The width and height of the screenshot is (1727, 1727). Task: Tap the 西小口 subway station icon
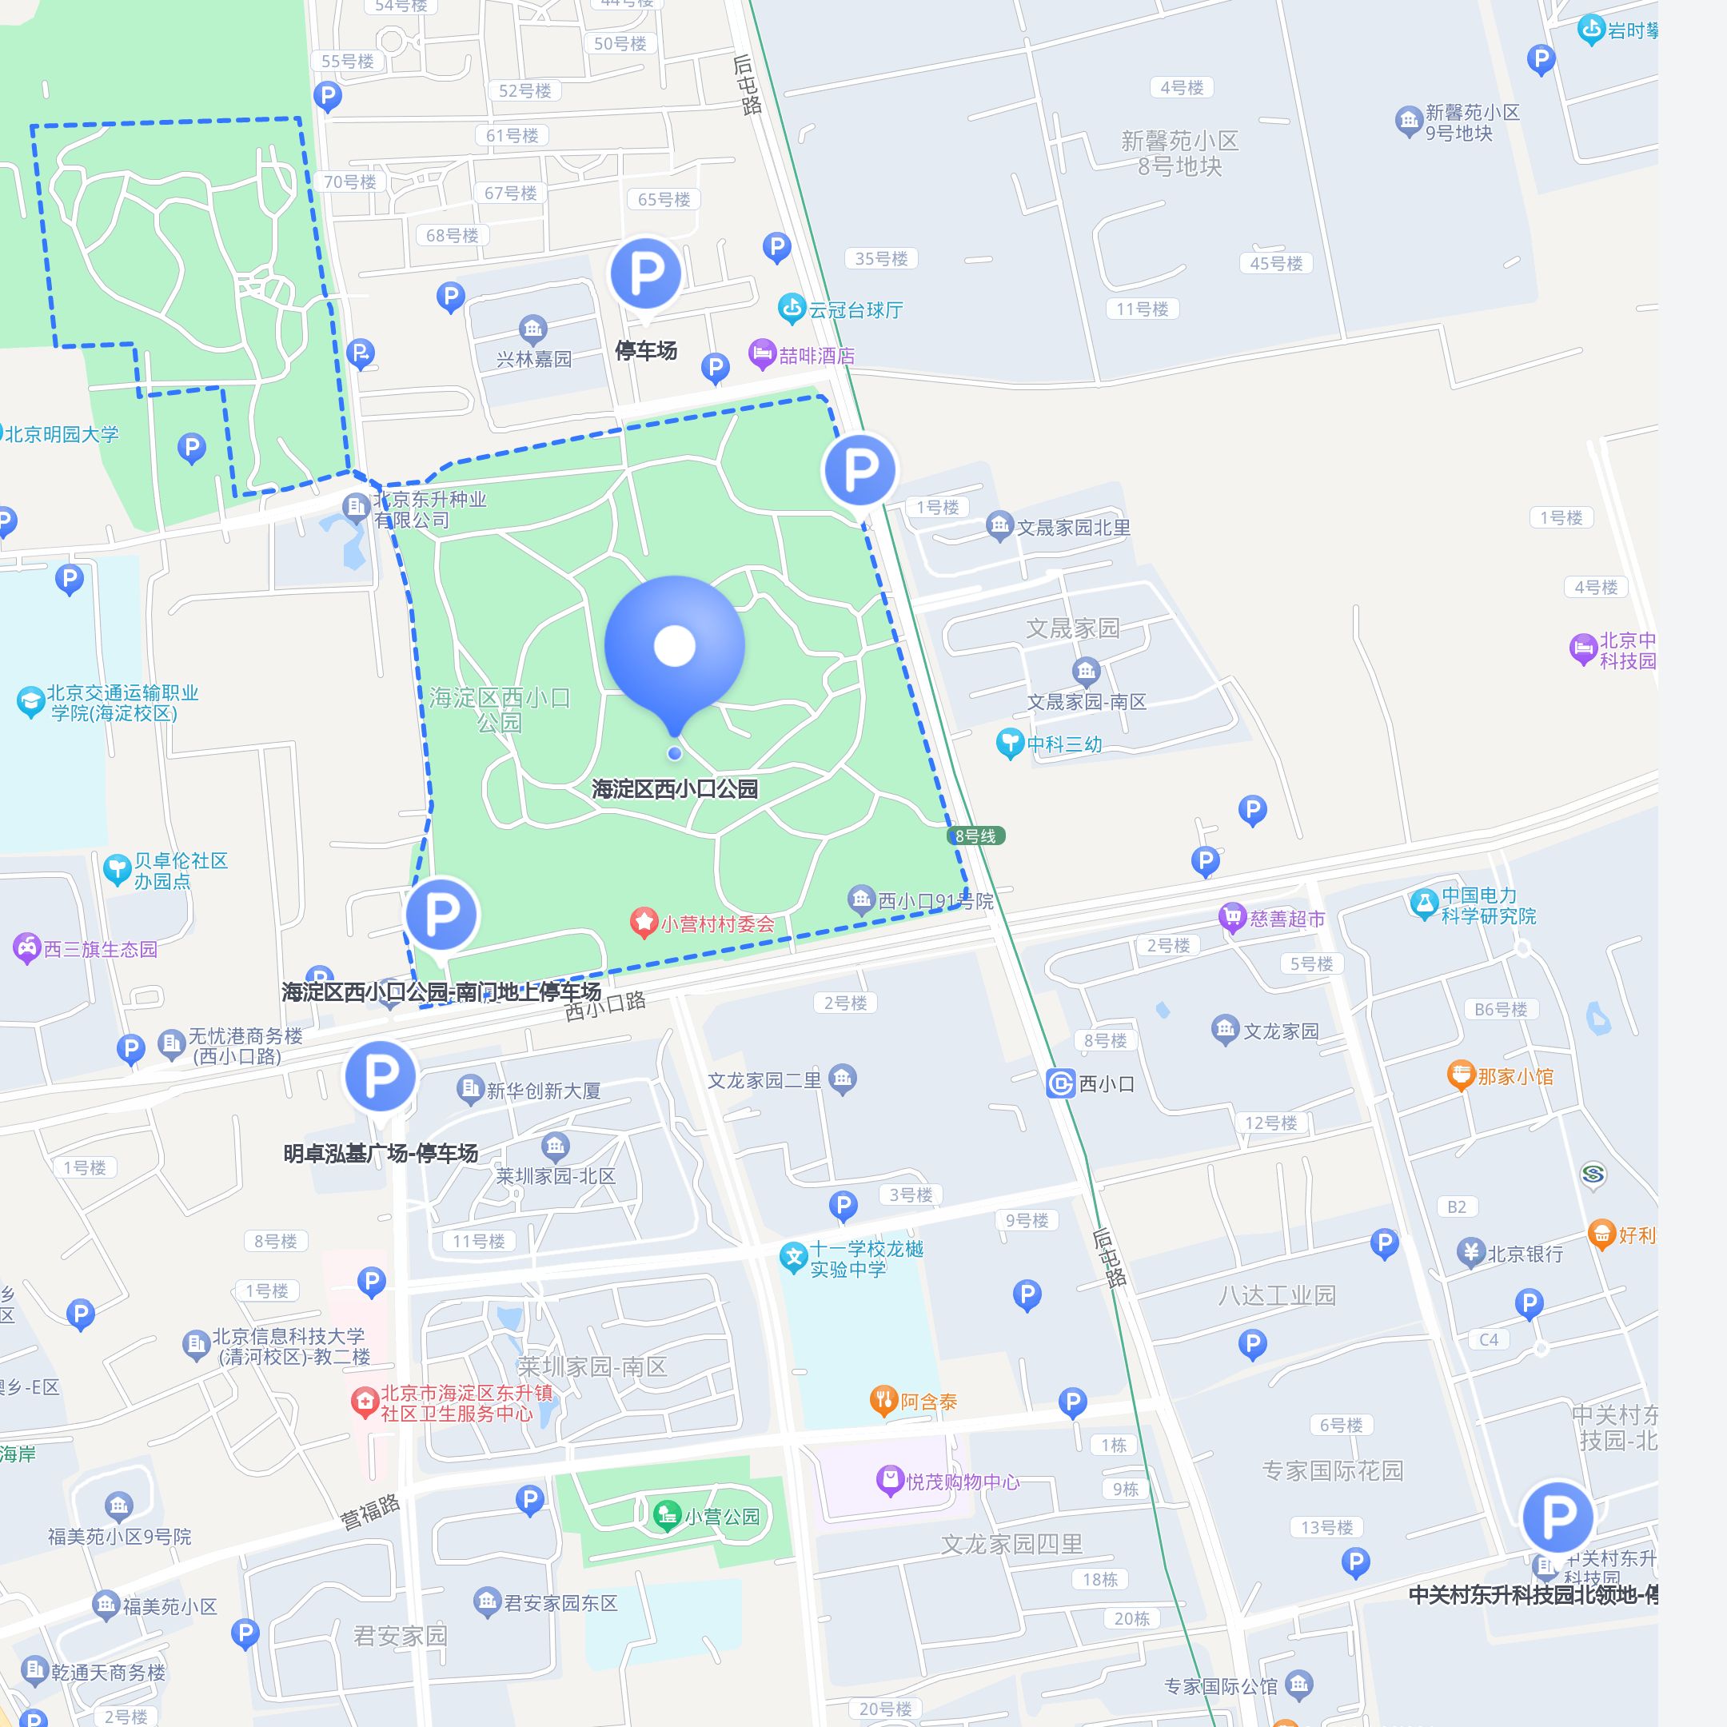(x=1059, y=1083)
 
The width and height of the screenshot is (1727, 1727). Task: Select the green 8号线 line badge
(x=975, y=836)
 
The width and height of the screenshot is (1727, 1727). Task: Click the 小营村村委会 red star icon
(x=644, y=923)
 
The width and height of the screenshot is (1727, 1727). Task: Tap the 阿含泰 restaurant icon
(x=883, y=1401)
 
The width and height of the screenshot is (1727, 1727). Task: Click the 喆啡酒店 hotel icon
(x=762, y=354)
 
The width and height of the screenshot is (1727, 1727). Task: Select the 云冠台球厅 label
(x=856, y=310)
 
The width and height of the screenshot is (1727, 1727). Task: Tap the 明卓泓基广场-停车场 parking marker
(x=381, y=1076)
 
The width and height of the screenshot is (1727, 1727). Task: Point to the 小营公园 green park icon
(x=665, y=1515)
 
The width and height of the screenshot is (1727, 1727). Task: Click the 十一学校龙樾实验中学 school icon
(x=793, y=1257)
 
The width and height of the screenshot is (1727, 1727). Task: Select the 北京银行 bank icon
(x=1470, y=1253)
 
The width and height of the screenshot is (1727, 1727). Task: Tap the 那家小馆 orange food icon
(x=1461, y=1075)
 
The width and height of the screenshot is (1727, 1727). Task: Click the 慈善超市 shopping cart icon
(x=1233, y=917)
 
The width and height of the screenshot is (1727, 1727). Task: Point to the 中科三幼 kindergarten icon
(x=1009, y=743)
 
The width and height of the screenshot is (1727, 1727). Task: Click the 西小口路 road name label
(x=605, y=1005)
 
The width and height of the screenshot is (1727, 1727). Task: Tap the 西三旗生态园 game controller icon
(x=27, y=947)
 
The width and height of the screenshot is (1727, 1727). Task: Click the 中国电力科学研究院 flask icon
(x=1424, y=903)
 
